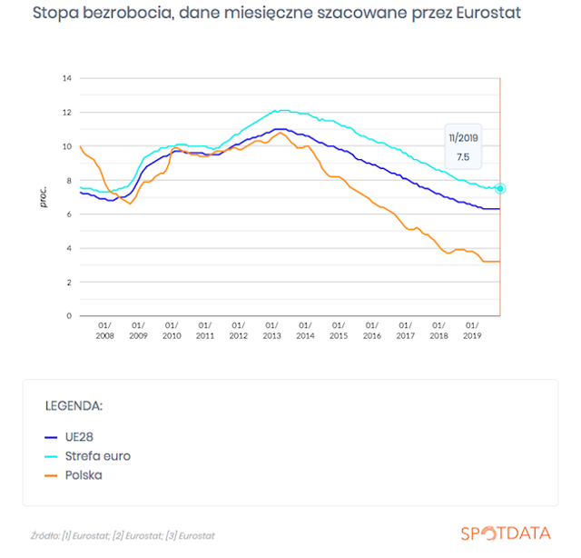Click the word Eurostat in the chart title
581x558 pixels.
pyautogui.click(x=488, y=13)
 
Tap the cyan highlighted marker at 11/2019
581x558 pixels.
pyautogui.click(x=500, y=188)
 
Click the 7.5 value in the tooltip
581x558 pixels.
pyautogui.click(x=463, y=157)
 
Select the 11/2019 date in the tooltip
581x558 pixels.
pyautogui.click(x=463, y=138)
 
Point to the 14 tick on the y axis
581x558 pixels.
pyautogui.click(x=66, y=78)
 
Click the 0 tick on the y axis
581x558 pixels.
pyautogui.click(x=69, y=315)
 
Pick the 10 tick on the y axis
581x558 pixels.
pyautogui.click(x=66, y=146)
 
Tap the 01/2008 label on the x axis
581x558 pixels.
pyautogui.click(x=105, y=331)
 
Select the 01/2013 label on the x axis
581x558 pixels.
pyautogui.click(x=272, y=331)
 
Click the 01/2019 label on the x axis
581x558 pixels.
pyautogui.click(x=472, y=331)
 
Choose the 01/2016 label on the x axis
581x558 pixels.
pyautogui.click(x=372, y=331)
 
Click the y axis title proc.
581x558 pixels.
pyautogui.click(x=44, y=196)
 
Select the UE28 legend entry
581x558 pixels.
pyautogui.click(x=69, y=437)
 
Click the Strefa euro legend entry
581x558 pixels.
pyautogui.click(x=87, y=456)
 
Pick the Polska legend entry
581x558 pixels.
pyautogui.click(x=74, y=475)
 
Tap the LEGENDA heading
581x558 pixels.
pyautogui.click(x=74, y=406)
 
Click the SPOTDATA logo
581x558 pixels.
pyautogui.click(x=506, y=533)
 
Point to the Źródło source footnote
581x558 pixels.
pyautogui.click(x=123, y=536)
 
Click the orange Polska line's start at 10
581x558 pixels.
pyautogui.click(x=81, y=146)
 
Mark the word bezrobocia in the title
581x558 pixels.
pyautogui.click(x=128, y=14)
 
